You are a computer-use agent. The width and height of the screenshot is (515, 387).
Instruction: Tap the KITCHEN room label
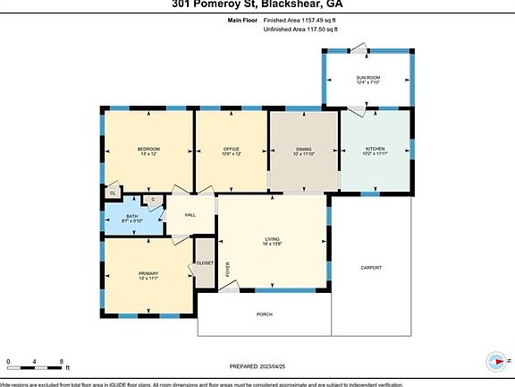tap(374, 150)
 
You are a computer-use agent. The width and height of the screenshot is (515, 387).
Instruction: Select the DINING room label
tap(304, 150)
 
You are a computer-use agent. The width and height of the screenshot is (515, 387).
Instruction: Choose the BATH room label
tap(131, 216)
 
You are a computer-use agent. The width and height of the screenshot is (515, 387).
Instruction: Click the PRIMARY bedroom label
tap(148, 273)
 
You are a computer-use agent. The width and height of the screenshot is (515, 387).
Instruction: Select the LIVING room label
tap(272, 239)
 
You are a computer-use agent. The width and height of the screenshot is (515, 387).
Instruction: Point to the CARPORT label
tap(371, 268)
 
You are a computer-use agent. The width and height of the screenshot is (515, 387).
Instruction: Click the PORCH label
tap(264, 314)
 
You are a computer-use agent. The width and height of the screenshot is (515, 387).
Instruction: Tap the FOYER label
tap(227, 268)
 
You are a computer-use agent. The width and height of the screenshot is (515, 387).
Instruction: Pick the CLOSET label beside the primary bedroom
tap(205, 262)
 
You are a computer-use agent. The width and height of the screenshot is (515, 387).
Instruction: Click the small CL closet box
tap(113, 193)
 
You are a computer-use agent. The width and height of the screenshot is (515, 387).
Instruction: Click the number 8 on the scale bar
tap(62, 361)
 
